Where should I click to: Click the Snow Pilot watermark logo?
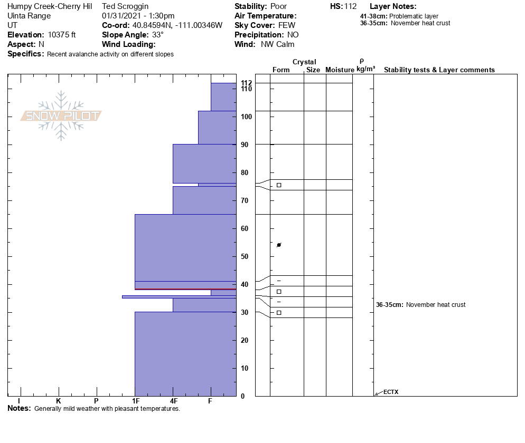pyautogui.click(x=61, y=115)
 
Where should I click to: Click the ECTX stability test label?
pyautogui.click(x=391, y=392)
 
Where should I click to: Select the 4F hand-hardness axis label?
pyautogui.click(x=173, y=401)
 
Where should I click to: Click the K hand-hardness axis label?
pyautogui.click(x=59, y=401)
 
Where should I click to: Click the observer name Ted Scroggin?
pyautogui.click(x=125, y=6)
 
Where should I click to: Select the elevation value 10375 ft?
pyautogui.click(x=62, y=35)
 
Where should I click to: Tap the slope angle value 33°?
pyautogui.click(x=158, y=35)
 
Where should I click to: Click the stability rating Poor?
pyautogui.click(x=278, y=6)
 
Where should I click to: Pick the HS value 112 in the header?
pyautogui.click(x=351, y=6)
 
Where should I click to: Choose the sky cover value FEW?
pyautogui.click(x=286, y=25)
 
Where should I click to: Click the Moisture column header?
pyautogui.click(x=340, y=70)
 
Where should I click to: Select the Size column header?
pyautogui.click(x=313, y=70)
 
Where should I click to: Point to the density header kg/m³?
pyautogui.click(x=365, y=69)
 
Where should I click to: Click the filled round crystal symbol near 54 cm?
pyautogui.click(x=279, y=245)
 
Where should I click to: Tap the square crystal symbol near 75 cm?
pyautogui.click(x=279, y=185)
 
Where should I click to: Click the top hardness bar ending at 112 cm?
pyautogui.click(x=223, y=97)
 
